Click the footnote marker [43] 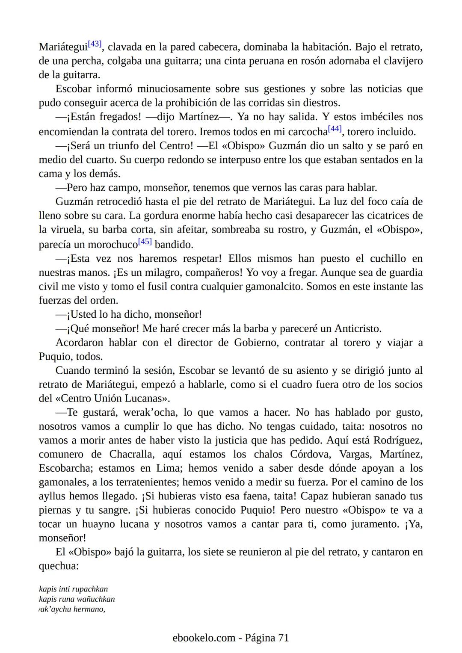point(95,44)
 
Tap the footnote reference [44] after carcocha point(335,129)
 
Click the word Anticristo point(357,328)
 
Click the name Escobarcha point(65,468)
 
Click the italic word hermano point(89,609)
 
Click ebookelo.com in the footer point(204,638)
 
